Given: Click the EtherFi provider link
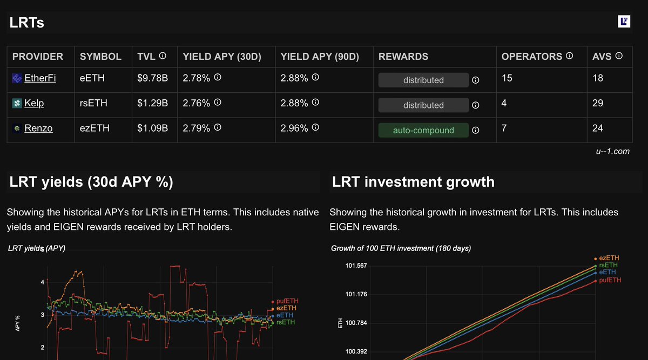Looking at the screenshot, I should pyautogui.click(x=40, y=78).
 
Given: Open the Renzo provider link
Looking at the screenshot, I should pyautogui.click(x=38, y=128).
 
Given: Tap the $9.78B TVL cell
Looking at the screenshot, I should pyautogui.click(x=153, y=78).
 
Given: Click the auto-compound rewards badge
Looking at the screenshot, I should pyautogui.click(x=423, y=130).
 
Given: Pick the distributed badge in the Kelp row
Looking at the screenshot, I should pyautogui.click(x=423, y=105).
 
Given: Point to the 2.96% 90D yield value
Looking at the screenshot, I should pyautogui.click(x=294, y=128).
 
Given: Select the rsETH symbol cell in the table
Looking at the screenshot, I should pyautogui.click(x=92, y=103).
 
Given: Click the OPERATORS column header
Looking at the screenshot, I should pyautogui.click(x=532, y=57).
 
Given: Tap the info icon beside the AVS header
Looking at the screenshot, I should pyautogui.click(x=619, y=56).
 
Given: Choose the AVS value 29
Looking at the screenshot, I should pyautogui.click(x=598, y=103).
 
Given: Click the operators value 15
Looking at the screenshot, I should pyautogui.click(x=507, y=78).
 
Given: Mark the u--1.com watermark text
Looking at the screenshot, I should pyautogui.click(x=612, y=151).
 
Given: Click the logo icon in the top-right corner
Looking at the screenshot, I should pyautogui.click(x=624, y=22).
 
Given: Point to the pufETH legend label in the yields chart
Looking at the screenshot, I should pyautogui.click(x=287, y=301).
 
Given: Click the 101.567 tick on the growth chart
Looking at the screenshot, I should pyautogui.click(x=356, y=266).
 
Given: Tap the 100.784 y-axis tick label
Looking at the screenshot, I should pyautogui.click(x=356, y=323).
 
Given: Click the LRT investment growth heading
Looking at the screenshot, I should pyautogui.click(x=413, y=181).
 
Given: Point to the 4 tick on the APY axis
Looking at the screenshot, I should pyautogui.click(x=42, y=282).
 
